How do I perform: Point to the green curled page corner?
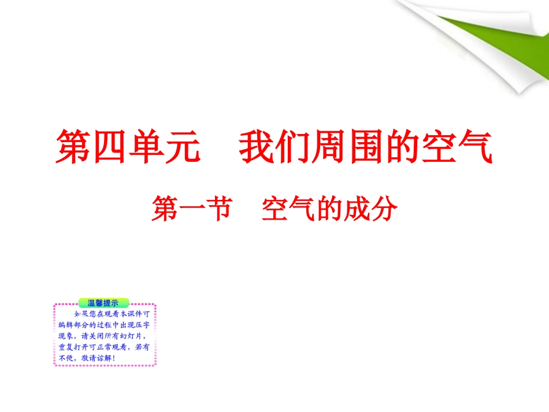pyautogui.click(x=491, y=52)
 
